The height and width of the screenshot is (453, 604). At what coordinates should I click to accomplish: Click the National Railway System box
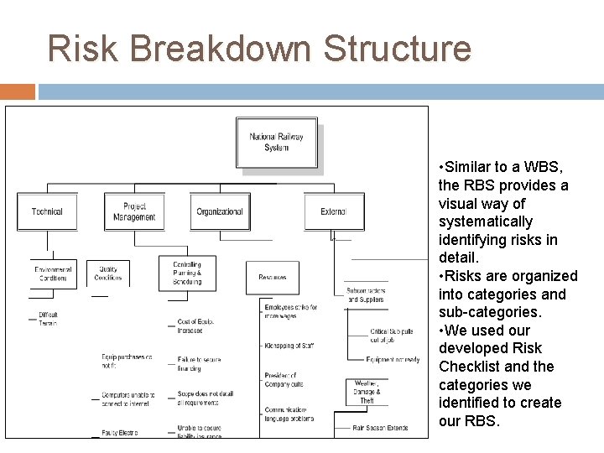tap(277, 143)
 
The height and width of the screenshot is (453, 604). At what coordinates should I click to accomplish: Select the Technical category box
tap(47, 211)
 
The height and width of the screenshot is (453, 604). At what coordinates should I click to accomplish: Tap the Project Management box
tap(134, 211)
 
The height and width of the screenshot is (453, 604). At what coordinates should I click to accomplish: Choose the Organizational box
tap(220, 211)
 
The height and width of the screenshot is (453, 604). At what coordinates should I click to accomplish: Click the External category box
tap(334, 211)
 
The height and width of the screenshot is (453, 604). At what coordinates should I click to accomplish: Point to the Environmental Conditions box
tap(53, 273)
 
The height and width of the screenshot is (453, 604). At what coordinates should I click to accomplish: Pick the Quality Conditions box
tap(108, 273)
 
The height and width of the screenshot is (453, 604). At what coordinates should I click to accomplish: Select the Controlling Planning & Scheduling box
tap(187, 273)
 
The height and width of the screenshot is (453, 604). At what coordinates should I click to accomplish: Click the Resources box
tap(273, 277)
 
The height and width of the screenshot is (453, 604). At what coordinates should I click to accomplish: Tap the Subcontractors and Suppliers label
tap(366, 295)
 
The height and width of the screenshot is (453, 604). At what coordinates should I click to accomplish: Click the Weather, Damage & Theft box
tap(367, 391)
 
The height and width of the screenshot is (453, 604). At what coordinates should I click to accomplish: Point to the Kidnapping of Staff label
tap(290, 346)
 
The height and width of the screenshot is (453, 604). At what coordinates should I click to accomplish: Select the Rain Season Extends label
tap(380, 429)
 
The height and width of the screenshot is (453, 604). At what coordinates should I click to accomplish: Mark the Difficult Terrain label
tap(48, 319)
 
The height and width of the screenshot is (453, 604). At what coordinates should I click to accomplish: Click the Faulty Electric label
tap(120, 433)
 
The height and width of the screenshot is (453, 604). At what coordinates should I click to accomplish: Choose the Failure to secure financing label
tap(200, 363)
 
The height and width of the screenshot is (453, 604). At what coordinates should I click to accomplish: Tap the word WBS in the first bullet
tap(545, 167)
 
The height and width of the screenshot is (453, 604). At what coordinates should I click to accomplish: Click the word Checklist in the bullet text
tap(473, 367)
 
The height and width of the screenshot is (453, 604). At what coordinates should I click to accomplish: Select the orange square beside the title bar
tap(18, 91)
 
